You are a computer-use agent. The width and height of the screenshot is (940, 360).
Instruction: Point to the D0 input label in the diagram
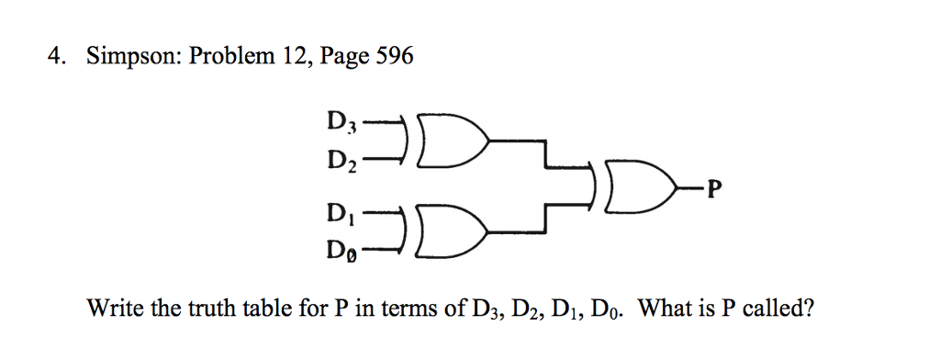340,250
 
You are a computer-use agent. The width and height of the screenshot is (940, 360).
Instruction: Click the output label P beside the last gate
716,190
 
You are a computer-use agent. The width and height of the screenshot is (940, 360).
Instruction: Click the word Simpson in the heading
131,58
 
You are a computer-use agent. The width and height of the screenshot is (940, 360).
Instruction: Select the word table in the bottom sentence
241,308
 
